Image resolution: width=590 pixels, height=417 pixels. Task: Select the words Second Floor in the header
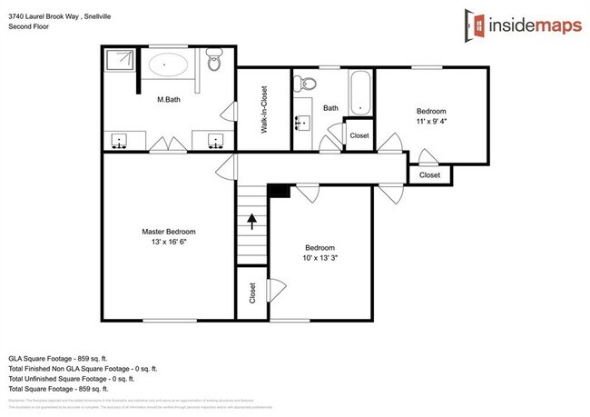30,26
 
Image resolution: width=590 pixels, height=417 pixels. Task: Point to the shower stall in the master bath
120,63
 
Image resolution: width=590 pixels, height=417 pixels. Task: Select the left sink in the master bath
119,141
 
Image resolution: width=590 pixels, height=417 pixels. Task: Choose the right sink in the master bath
216,141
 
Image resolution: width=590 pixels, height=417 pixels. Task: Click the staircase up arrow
253,220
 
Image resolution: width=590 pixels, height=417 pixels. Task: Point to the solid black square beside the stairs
280,190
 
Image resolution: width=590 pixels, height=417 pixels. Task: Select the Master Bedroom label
168,232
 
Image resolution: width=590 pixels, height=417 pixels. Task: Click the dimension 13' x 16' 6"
169,243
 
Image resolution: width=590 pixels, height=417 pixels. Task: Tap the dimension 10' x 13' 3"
320,258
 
